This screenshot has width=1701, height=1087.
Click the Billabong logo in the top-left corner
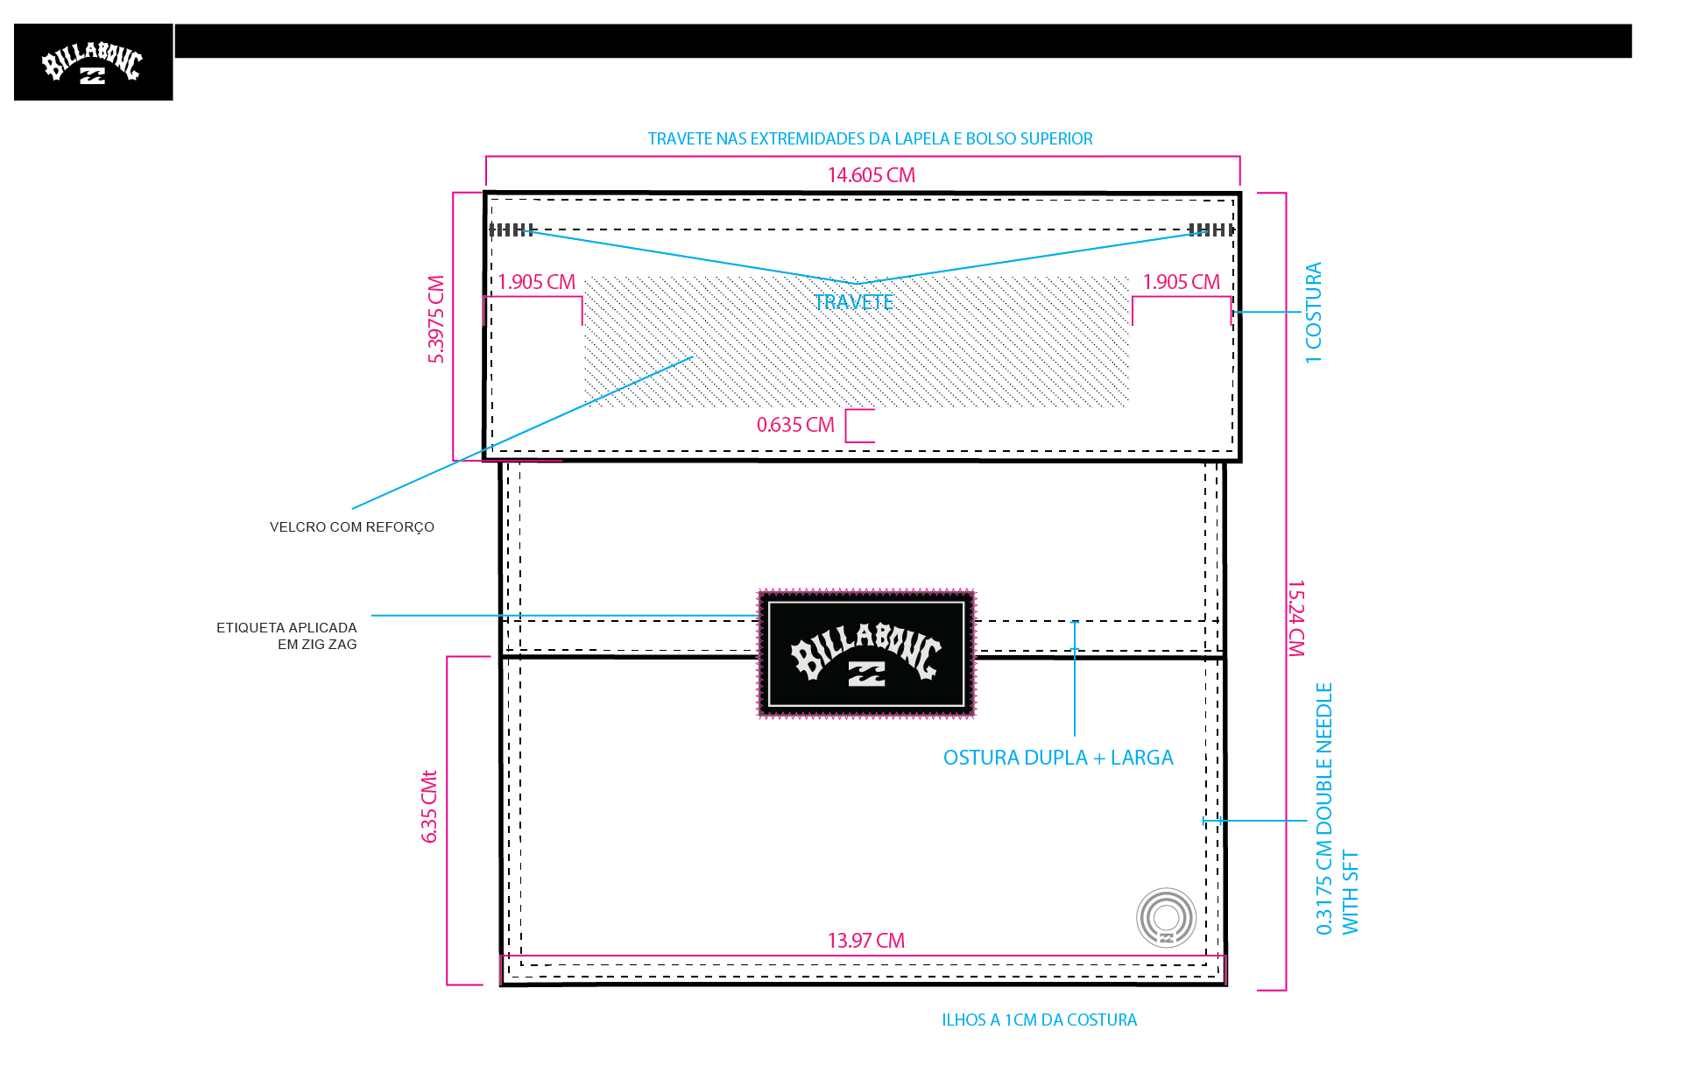93,62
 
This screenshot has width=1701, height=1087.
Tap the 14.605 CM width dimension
871,175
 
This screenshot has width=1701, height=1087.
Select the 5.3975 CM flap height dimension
436,319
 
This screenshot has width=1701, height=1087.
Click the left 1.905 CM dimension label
536,282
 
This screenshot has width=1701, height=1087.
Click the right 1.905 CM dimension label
1181,282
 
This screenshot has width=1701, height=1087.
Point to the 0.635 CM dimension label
795,425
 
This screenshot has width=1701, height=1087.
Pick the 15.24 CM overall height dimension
1296,618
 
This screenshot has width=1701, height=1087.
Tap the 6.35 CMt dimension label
429,807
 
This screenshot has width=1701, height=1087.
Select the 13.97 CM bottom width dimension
865,941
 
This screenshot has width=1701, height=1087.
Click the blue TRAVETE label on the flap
853,302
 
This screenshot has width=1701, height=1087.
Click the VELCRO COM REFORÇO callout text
352,527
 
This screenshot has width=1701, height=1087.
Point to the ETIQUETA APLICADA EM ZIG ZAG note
286,636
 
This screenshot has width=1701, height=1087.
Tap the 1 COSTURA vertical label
1313,313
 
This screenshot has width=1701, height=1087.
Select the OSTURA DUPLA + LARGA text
1058,758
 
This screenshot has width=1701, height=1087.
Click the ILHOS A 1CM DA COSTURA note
1039,1020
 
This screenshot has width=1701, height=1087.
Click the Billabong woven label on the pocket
866,653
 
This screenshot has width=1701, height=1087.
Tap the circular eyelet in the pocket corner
1167,918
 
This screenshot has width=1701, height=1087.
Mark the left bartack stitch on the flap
512,229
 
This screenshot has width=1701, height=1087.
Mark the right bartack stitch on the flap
1211,229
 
